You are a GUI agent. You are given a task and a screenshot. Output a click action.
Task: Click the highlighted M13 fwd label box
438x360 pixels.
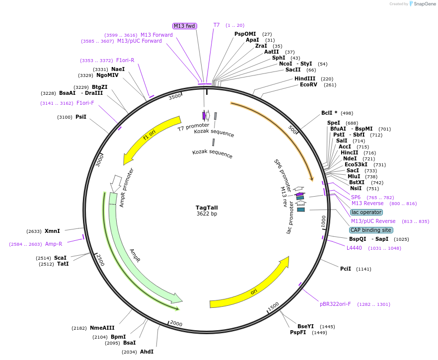coord(185,26)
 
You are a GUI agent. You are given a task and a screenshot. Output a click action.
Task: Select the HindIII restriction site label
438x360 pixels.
coord(304,79)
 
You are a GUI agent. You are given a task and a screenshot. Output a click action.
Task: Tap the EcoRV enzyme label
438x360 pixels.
coord(308,85)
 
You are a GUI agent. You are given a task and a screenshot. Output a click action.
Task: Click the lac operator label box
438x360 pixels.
coord(366,212)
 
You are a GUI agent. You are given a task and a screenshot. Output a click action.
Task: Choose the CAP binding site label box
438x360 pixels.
coord(371,230)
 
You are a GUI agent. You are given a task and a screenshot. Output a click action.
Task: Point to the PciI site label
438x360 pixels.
coord(346,269)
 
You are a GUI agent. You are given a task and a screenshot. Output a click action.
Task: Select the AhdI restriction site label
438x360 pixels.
coord(146,352)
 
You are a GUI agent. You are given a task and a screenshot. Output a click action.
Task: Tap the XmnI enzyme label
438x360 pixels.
coord(52,231)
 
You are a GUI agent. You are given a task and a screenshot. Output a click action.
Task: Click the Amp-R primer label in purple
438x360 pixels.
coord(54,244)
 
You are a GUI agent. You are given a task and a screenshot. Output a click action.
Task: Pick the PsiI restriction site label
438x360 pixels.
coord(81,117)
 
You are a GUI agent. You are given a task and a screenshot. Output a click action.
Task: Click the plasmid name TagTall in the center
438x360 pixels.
coord(207,208)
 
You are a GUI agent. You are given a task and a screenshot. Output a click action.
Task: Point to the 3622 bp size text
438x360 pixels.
coord(207,214)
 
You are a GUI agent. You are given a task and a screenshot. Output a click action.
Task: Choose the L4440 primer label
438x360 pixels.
coord(354,248)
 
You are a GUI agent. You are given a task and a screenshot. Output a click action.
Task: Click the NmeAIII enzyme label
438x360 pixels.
coord(102,328)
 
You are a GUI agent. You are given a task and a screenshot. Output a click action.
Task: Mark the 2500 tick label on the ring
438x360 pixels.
coord(100,260)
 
